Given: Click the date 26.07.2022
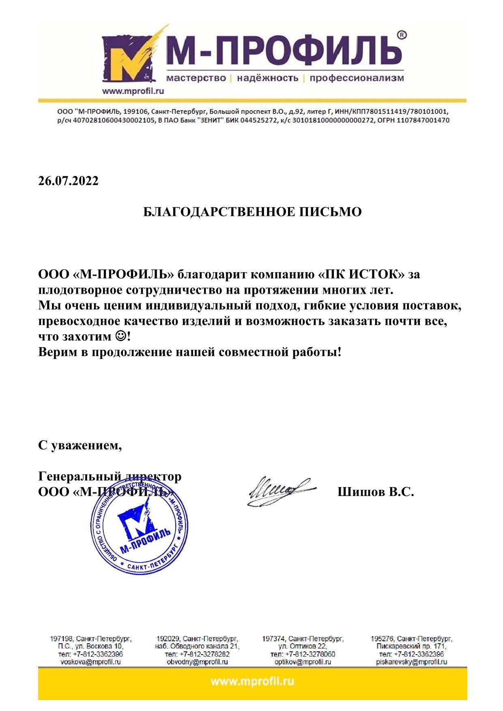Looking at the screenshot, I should (x=68, y=181).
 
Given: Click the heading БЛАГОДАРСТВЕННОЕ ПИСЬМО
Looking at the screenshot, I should (x=252, y=212).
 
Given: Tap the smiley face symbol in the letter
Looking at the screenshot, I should (x=120, y=336).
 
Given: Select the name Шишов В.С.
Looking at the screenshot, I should (x=376, y=492).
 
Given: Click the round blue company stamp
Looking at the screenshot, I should (x=139, y=526).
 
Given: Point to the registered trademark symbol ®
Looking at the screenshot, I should (x=401, y=35).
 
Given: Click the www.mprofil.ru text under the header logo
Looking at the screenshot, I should (x=133, y=91).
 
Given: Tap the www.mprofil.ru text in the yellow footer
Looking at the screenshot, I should (x=252, y=681).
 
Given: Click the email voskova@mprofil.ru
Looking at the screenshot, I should (x=91, y=662).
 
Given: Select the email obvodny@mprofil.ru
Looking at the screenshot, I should (x=197, y=662).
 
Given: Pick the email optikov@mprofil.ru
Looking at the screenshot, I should (x=303, y=662).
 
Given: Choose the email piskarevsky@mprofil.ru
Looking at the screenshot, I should (x=411, y=662).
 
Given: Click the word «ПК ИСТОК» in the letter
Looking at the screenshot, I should (x=360, y=275).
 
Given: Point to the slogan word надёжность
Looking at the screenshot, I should (x=268, y=78).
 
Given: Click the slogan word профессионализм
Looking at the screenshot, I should (x=357, y=78).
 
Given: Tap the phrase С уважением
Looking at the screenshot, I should (x=80, y=445).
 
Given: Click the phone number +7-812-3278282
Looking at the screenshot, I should (x=204, y=654).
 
